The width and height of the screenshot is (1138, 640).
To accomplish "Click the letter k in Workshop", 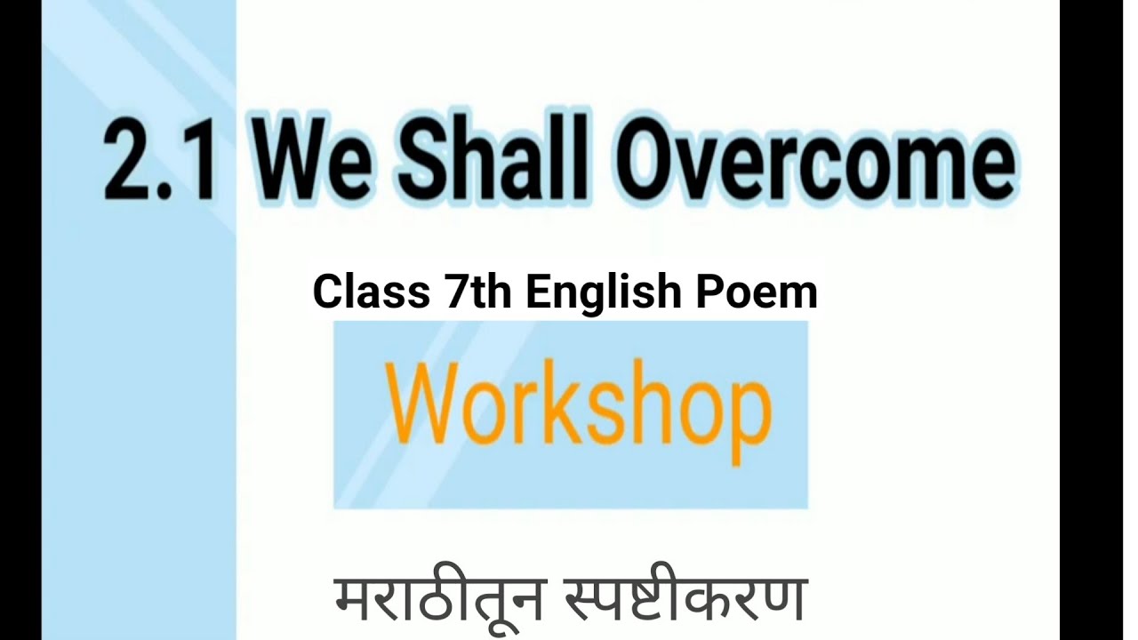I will (579, 404).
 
